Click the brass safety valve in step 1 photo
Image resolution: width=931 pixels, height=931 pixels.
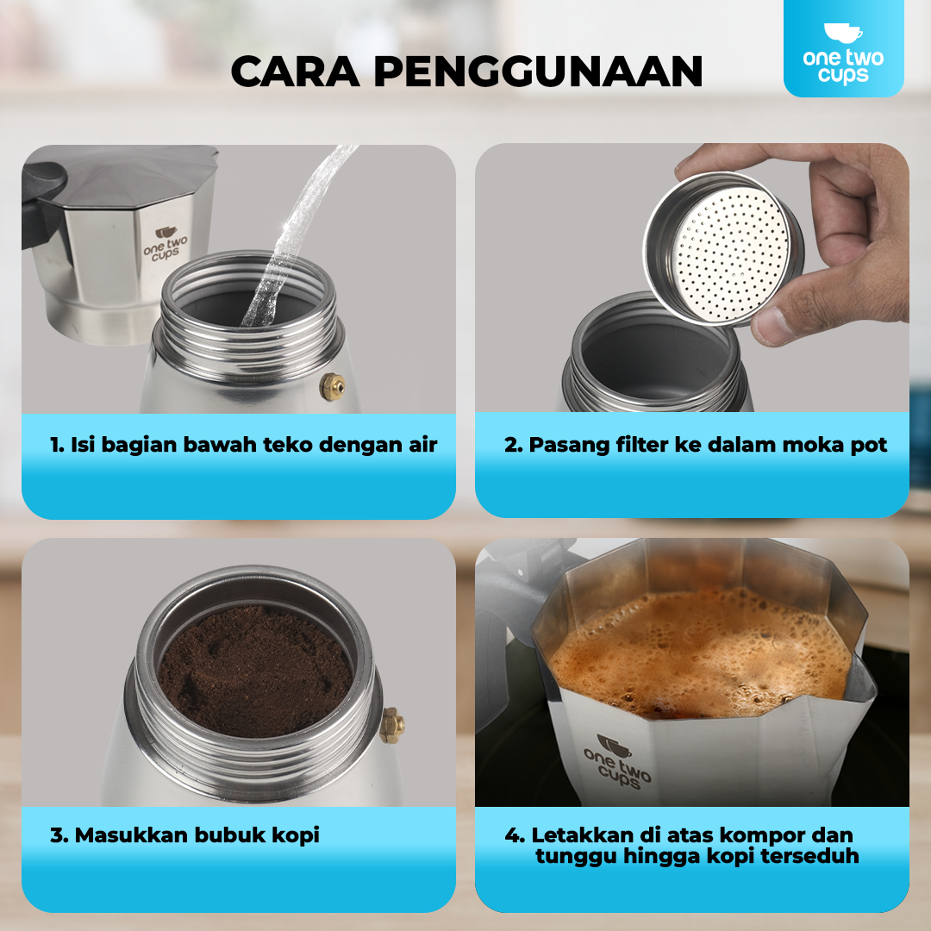point(332,386)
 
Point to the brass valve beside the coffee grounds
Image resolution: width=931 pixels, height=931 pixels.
point(392,725)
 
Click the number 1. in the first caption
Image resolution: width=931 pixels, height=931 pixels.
point(58,445)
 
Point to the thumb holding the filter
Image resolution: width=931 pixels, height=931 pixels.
point(780,323)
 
